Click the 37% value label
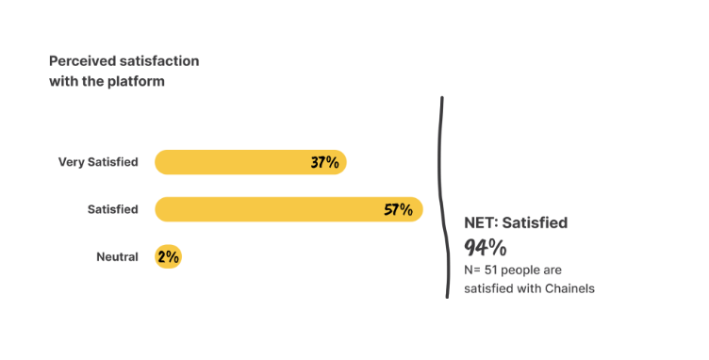click(324, 162)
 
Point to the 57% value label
click(398, 209)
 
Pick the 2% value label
click(169, 256)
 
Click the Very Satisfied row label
click(98, 162)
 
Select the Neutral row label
click(117, 256)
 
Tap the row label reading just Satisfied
click(112, 209)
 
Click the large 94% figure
click(486, 247)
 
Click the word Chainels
click(569, 288)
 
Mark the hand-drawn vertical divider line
click(443, 198)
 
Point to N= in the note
click(473, 270)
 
